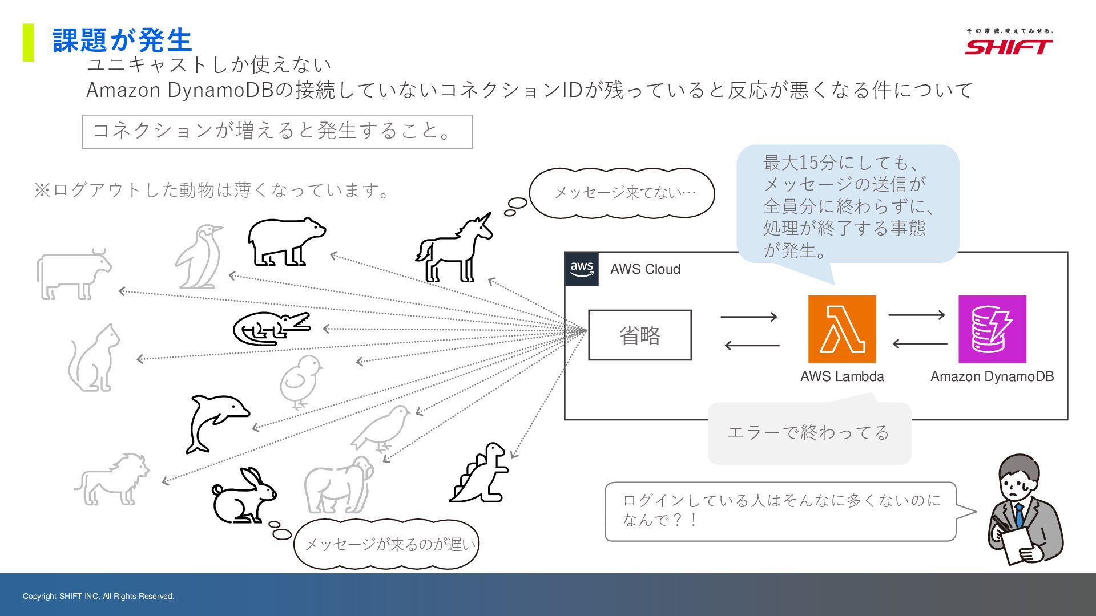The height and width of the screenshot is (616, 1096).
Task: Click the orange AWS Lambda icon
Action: point(842,329)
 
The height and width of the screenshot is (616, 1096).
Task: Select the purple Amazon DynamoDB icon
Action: point(992,329)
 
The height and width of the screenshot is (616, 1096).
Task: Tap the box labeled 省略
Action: point(640,335)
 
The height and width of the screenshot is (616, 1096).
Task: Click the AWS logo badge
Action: point(582,269)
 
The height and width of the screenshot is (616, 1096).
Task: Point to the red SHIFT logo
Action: point(1009,46)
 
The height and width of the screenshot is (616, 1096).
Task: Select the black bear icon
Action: point(286,241)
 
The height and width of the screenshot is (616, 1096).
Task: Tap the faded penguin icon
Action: point(199,257)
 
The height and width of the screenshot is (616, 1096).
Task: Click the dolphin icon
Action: point(216,422)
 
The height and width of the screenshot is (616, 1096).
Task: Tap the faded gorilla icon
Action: point(338,485)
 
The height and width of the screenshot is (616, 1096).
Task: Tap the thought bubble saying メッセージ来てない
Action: point(622,193)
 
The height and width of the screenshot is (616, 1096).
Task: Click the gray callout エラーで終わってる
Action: point(809,432)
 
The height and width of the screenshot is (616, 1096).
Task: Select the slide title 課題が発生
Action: point(122,40)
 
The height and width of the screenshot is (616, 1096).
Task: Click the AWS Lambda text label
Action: point(842,376)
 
